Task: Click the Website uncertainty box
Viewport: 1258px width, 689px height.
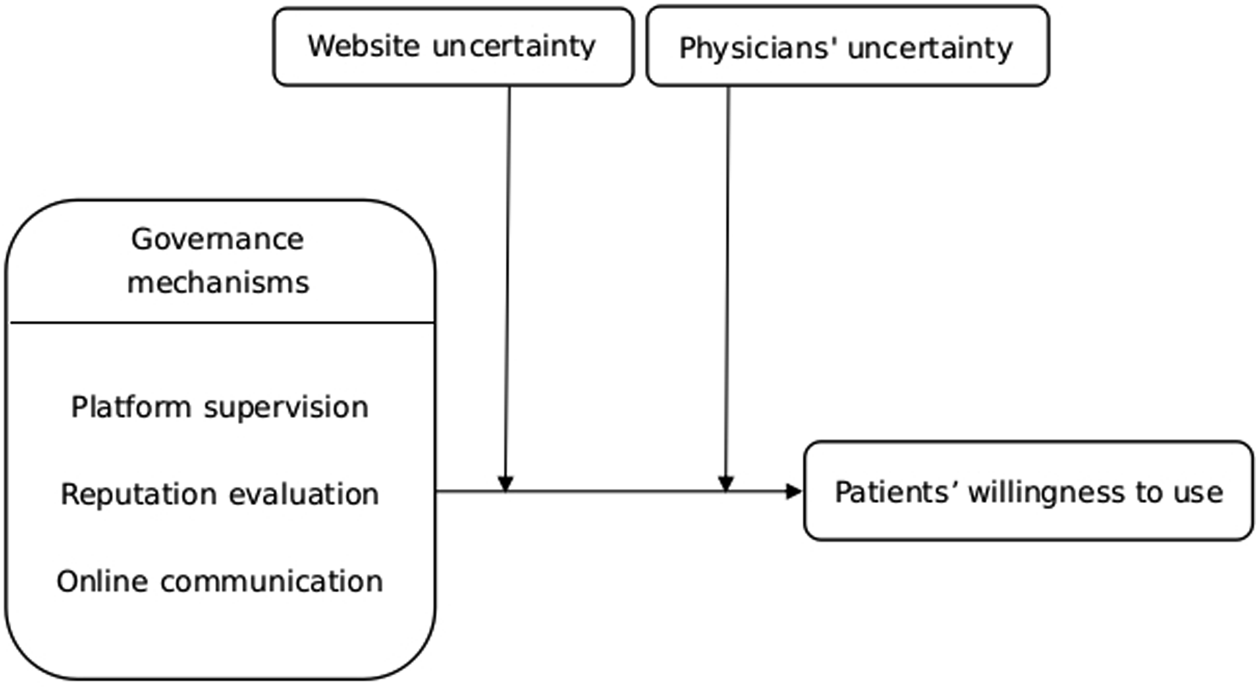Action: coord(453,47)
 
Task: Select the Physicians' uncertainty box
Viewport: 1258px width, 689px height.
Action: coord(848,46)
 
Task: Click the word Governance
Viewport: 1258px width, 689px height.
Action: coord(217,239)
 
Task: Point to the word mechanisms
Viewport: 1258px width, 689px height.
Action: coord(218,282)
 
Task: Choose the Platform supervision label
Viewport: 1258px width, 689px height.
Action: coord(220,407)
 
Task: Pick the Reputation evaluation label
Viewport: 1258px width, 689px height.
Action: coord(220,494)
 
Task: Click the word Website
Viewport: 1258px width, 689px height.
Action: coord(363,46)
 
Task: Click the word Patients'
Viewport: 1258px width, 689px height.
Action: coord(898,492)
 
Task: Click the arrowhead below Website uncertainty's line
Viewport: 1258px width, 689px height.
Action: coord(505,483)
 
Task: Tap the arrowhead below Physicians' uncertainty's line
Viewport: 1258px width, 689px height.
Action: coord(726,483)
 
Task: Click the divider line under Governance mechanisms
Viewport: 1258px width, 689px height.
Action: coord(222,322)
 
